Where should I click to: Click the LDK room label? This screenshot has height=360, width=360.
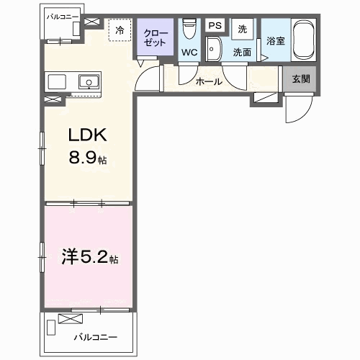(x=88, y=135)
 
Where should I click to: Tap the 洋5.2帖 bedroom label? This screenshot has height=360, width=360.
(x=90, y=256)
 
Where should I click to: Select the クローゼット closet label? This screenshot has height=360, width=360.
(x=155, y=38)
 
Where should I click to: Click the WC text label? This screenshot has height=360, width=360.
(x=189, y=52)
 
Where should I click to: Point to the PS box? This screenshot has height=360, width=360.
(x=215, y=25)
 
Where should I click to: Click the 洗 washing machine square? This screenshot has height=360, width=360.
(x=243, y=29)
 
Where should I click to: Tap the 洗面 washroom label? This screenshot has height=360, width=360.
(x=243, y=52)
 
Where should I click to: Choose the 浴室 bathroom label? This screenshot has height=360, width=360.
(x=276, y=41)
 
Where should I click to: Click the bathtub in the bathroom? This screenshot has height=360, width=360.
(x=304, y=40)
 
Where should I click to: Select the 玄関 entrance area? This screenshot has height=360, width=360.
(x=301, y=78)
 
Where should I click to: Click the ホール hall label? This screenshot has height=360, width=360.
(x=209, y=82)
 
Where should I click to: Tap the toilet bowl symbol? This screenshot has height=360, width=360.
(x=189, y=29)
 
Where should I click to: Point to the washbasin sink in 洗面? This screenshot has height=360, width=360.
(x=215, y=49)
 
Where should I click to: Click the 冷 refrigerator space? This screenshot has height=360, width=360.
(x=120, y=30)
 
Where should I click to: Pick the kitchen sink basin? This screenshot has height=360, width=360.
(x=89, y=81)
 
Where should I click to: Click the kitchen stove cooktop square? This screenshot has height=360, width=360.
(x=57, y=81)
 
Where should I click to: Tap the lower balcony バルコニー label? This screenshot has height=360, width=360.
(x=96, y=338)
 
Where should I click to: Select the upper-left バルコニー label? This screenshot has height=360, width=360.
(x=63, y=17)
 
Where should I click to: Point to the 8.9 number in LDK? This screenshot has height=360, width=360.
(x=83, y=157)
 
